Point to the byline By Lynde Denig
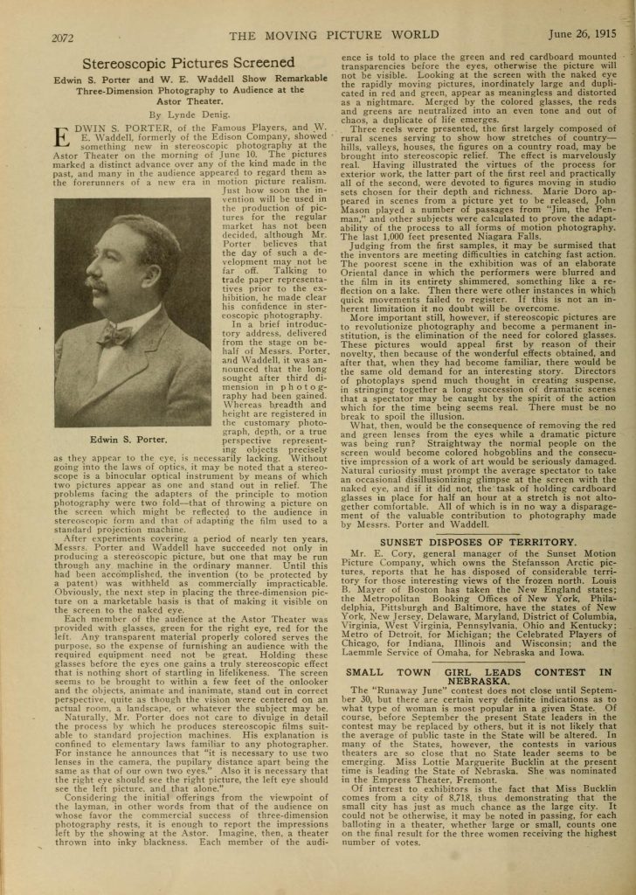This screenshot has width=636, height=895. point(186,114)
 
